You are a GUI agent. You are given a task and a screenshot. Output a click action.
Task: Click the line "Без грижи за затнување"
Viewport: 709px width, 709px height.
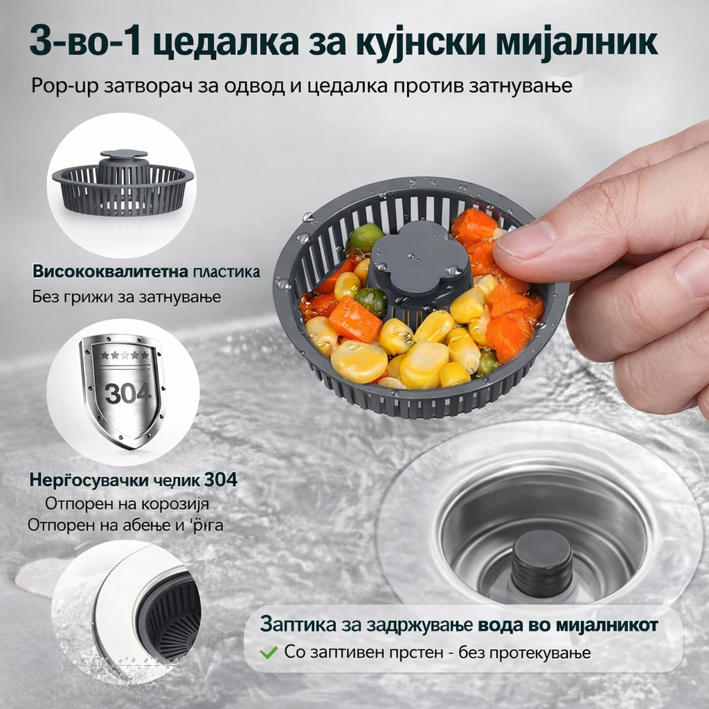[x=126, y=297]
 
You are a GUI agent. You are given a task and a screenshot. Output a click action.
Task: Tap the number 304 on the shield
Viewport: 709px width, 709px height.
[x=128, y=393]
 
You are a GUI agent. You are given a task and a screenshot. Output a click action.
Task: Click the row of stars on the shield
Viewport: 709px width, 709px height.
[x=125, y=354]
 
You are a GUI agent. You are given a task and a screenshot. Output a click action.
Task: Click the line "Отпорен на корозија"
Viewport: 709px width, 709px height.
[x=127, y=503]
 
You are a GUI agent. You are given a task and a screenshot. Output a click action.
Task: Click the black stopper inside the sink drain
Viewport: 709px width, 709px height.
[x=542, y=562]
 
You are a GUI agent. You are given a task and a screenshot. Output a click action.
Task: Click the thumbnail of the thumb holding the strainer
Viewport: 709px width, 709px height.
[x=526, y=242]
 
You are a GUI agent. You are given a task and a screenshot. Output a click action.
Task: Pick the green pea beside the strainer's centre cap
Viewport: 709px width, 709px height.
[x=372, y=300]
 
